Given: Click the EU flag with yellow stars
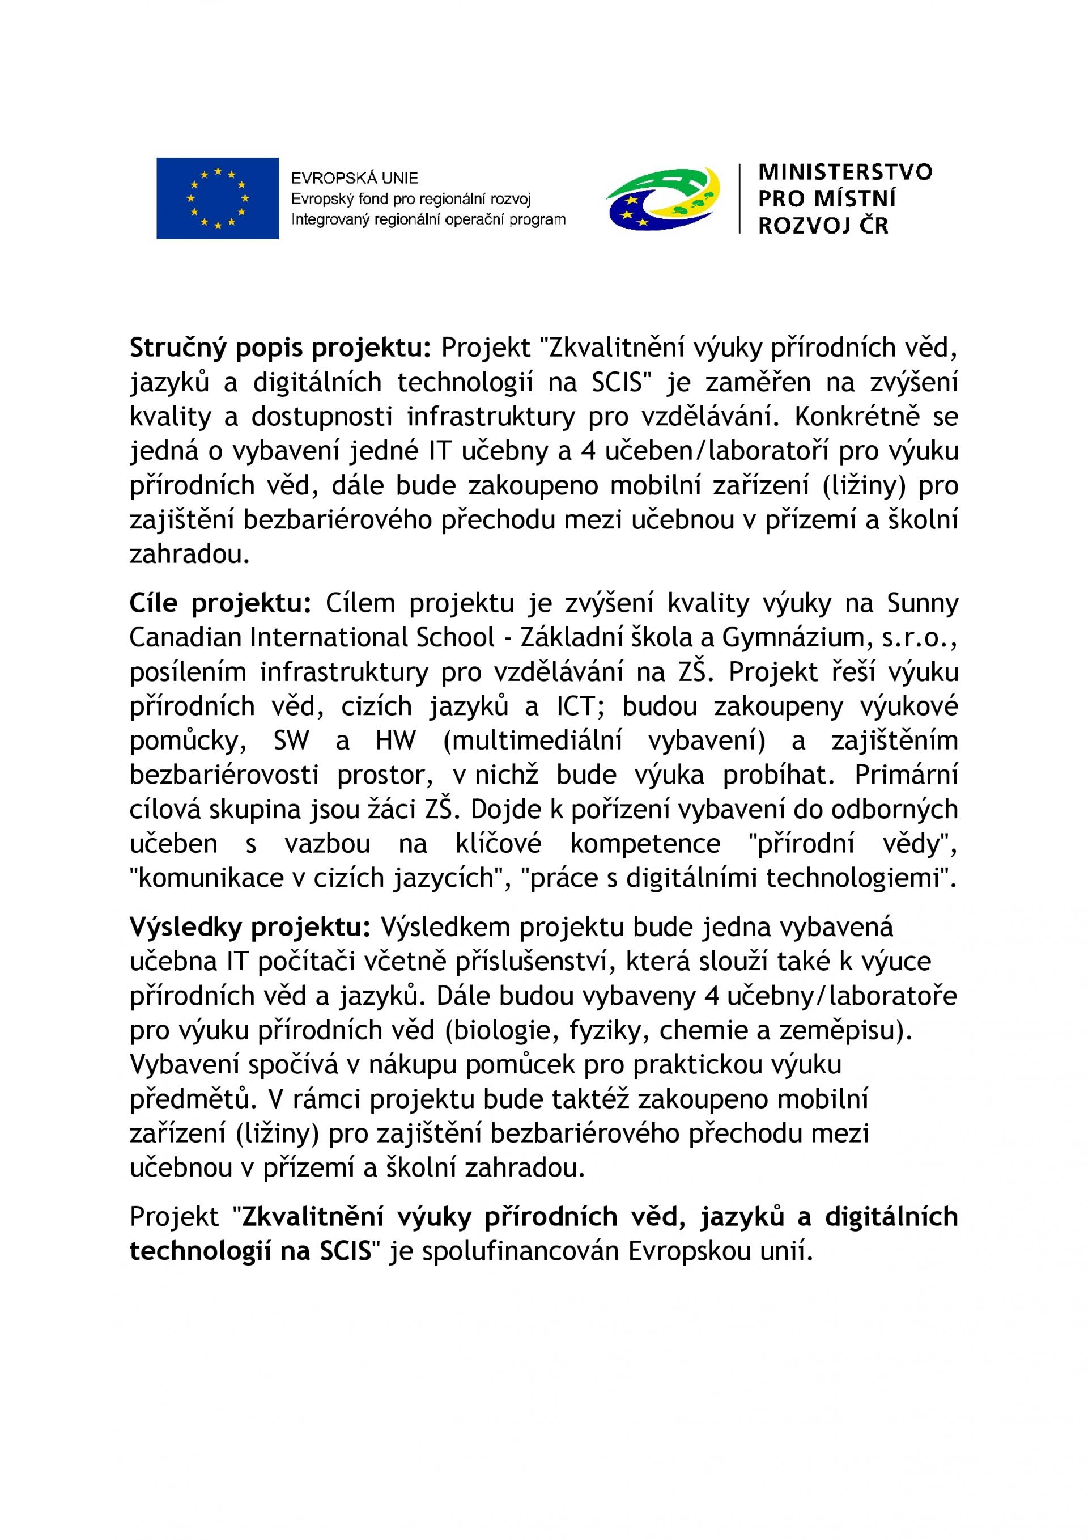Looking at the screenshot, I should (217, 198).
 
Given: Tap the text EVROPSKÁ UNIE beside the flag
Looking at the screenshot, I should (354, 177).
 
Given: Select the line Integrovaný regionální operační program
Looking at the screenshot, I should (428, 219).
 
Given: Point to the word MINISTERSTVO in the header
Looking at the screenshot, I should (845, 172).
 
